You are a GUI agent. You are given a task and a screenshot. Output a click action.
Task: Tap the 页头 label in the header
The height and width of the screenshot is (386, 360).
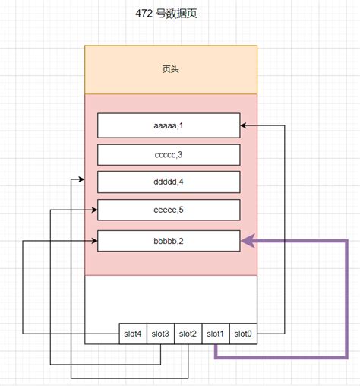click(171, 69)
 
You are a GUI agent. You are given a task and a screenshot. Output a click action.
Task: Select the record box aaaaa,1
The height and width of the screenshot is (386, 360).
click(169, 125)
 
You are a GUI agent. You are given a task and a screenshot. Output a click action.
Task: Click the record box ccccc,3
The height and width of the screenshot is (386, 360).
click(169, 154)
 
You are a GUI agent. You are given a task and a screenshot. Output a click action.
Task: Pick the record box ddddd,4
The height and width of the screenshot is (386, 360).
click(169, 182)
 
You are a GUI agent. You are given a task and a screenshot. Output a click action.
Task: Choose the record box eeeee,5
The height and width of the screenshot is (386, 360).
click(169, 210)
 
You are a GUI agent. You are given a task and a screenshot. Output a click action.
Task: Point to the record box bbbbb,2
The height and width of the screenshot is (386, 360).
click(169, 241)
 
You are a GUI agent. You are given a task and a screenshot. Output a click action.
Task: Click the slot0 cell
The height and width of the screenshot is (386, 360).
click(244, 334)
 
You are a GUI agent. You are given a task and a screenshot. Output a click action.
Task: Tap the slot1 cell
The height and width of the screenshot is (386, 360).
click(216, 334)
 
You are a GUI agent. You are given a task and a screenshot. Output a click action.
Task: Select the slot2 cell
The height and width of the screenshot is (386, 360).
click(188, 334)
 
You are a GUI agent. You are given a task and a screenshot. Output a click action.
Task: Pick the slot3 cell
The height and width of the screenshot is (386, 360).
click(160, 334)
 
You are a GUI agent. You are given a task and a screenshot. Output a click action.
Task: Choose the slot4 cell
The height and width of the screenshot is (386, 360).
click(133, 334)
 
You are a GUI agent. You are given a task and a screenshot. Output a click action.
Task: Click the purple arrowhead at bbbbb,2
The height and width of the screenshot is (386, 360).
click(247, 242)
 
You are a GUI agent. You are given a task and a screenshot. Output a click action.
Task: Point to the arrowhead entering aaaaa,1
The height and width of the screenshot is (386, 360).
click(245, 125)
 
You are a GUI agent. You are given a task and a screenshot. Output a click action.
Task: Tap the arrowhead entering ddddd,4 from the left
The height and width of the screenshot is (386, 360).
click(93, 181)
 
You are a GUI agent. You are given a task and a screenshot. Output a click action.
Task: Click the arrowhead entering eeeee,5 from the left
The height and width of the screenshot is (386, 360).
click(93, 209)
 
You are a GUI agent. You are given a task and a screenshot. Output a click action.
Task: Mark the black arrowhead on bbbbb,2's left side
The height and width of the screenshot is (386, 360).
click(93, 242)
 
